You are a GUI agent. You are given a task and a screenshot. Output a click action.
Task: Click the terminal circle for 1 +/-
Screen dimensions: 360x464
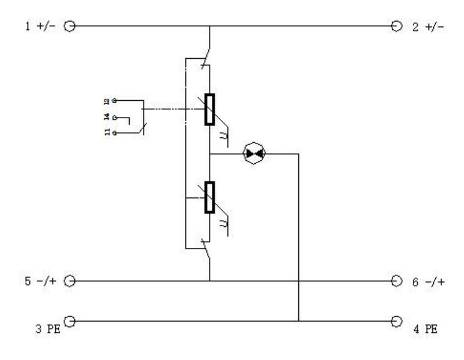[70, 26]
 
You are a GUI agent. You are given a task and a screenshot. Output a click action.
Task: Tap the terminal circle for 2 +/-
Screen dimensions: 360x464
[396, 26]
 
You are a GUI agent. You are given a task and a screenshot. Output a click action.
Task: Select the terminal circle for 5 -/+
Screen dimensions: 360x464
[70, 280]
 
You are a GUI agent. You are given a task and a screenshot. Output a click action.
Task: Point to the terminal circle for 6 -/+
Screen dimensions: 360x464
[396, 280]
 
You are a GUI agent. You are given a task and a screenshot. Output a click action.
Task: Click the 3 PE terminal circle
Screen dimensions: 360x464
[70, 321]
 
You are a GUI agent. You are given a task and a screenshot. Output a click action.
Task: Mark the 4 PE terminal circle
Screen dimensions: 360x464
[396, 321]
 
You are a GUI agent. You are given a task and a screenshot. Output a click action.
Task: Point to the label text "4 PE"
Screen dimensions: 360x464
[425, 328]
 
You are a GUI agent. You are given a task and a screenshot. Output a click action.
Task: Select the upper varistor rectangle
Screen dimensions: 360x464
[209, 109]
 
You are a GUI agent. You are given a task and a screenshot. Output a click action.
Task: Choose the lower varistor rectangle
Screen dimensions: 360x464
[209, 197]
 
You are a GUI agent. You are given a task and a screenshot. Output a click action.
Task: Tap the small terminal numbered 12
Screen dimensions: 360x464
[115, 100]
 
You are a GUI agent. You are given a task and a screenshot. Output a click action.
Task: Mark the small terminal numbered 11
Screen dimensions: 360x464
[115, 131]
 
